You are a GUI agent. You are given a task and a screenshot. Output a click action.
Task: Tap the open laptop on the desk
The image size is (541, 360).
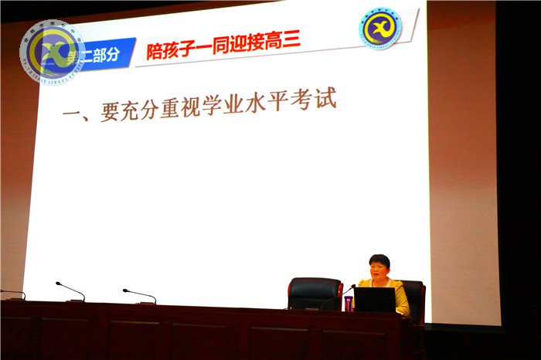click(375, 300)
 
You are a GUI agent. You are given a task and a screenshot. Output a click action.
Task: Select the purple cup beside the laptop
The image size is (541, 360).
click(349, 304)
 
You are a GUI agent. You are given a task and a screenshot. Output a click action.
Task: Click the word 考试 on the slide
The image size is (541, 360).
click(316, 101)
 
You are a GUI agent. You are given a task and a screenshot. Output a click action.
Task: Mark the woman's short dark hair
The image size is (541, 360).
click(379, 260)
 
